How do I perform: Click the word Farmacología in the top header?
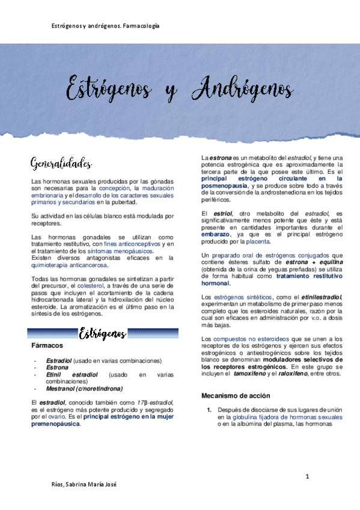click(x=139, y=26)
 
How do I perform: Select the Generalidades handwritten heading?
click(x=61, y=163)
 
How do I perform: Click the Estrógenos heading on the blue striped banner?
click(x=102, y=333)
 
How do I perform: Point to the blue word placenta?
click(x=258, y=241)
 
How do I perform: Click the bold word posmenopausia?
click(x=224, y=186)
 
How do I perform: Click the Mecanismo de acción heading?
click(x=236, y=396)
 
